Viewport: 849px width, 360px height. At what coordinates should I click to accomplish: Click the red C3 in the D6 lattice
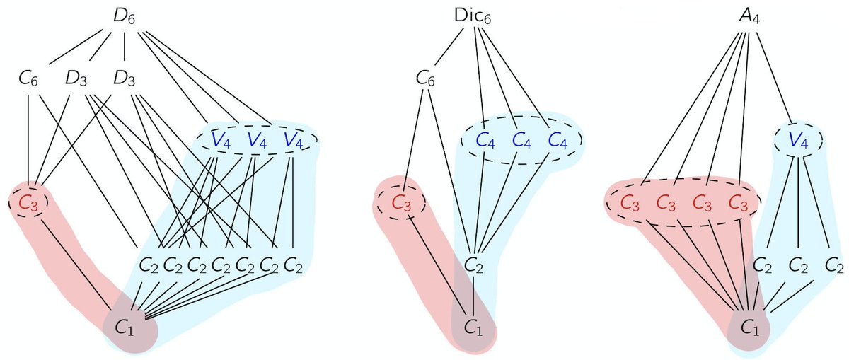click(x=28, y=203)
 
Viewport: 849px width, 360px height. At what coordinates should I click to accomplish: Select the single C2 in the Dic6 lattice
click(x=475, y=266)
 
